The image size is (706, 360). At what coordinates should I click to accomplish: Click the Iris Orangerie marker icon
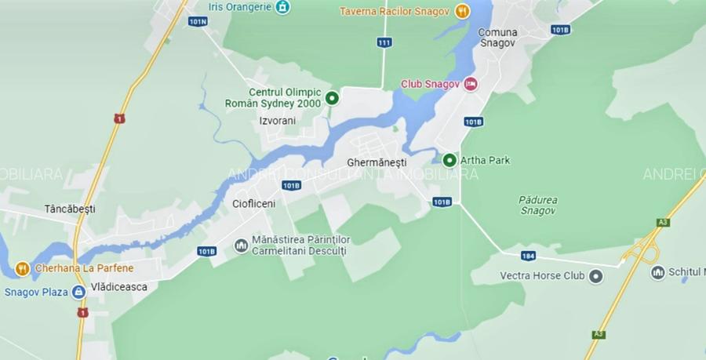(282, 7)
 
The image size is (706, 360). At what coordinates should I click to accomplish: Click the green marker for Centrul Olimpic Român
(332, 98)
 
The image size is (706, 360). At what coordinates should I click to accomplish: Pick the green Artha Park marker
(449, 160)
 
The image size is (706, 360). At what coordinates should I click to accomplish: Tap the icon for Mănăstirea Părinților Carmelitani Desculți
(241, 245)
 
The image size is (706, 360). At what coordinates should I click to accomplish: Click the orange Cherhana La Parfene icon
(22, 268)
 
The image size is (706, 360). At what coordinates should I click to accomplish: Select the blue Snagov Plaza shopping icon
(78, 293)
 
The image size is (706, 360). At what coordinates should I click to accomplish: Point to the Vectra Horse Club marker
(596, 276)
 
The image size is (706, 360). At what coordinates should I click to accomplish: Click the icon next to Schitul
(657, 272)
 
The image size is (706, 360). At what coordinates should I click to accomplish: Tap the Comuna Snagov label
(498, 37)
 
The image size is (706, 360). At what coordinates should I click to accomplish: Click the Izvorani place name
(277, 121)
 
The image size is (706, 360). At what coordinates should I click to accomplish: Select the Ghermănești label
(377, 163)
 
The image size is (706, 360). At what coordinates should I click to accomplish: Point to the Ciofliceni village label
(254, 204)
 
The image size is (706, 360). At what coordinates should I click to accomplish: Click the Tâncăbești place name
(70, 209)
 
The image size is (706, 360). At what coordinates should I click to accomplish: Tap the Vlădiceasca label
(118, 287)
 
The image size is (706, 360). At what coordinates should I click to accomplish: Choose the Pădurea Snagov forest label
(538, 205)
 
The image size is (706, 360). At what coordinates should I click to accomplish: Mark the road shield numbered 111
(384, 42)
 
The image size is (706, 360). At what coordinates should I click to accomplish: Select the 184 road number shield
(528, 255)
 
